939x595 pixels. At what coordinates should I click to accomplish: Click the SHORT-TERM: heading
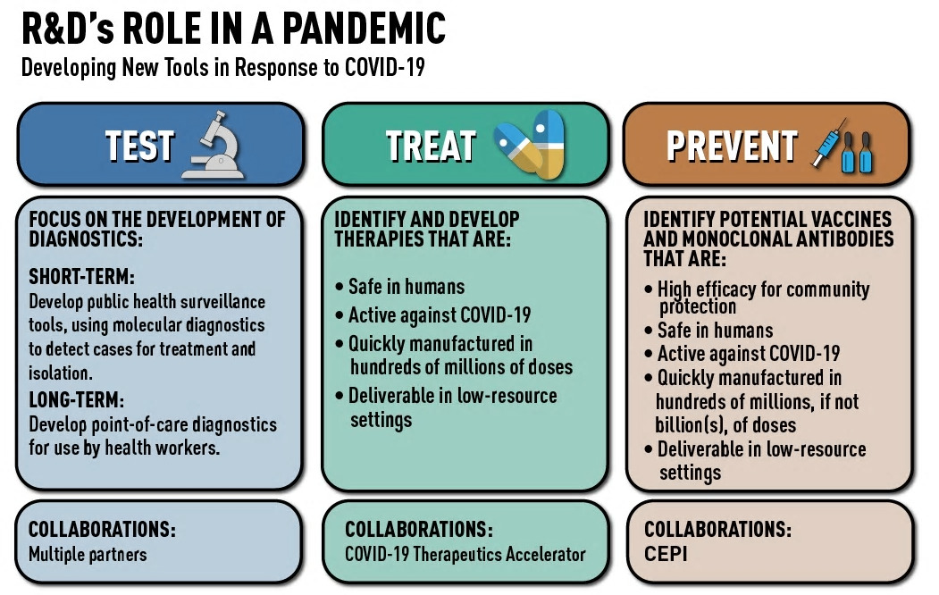(x=81, y=277)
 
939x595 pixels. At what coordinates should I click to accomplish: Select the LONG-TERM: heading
(x=77, y=400)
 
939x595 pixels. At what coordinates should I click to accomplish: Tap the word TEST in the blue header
(x=139, y=147)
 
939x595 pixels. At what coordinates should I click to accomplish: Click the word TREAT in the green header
(x=431, y=147)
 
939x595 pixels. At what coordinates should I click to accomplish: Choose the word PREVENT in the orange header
(x=732, y=147)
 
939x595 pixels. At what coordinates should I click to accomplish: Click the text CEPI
(x=666, y=554)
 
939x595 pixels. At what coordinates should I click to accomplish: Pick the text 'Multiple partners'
(x=88, y=554)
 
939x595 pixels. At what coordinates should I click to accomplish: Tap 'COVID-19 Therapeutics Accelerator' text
(x=465, y=554)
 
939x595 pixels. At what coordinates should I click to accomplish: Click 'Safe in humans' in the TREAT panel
(x=407, y=287)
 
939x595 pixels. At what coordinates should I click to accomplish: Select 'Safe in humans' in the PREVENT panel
(x=715, y=330)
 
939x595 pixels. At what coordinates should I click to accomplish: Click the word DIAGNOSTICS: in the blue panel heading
(x=86, y=239)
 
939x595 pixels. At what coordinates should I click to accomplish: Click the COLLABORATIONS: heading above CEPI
(x=717, y=529)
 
